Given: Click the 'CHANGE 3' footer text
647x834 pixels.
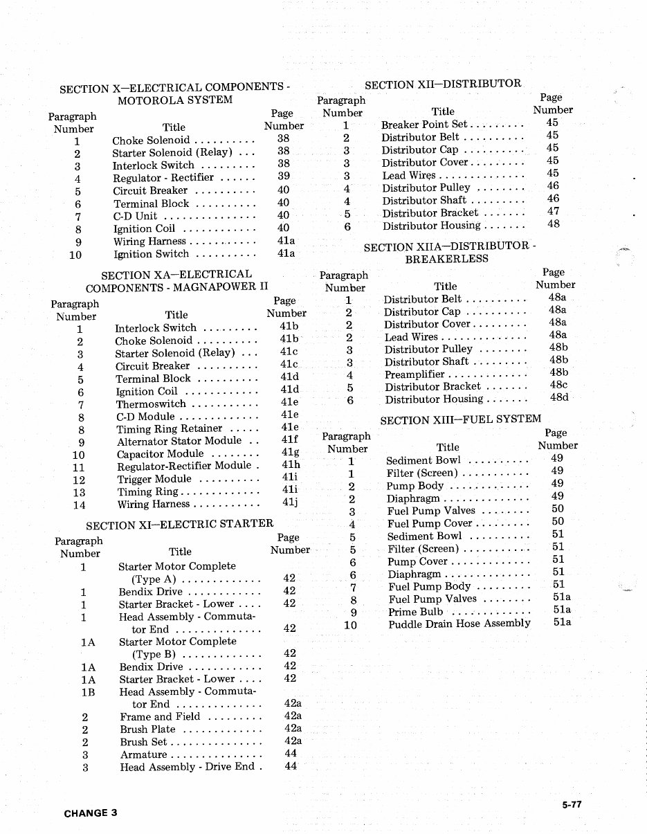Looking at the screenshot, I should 90,813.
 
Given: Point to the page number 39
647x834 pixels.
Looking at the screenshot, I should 283,177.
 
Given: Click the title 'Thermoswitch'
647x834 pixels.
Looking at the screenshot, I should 151,404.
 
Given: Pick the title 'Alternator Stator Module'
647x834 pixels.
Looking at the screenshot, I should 179,442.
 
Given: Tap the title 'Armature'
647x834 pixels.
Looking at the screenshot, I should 143,754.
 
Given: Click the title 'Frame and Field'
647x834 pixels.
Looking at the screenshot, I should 160,717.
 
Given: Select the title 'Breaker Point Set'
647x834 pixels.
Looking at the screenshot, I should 424,125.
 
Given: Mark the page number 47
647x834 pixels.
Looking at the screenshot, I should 553,211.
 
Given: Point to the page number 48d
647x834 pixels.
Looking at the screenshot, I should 558,397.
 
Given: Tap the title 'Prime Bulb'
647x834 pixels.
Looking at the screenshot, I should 416,612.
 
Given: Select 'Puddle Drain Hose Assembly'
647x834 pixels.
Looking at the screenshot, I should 459,624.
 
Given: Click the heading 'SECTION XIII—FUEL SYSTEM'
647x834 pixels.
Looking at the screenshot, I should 461,419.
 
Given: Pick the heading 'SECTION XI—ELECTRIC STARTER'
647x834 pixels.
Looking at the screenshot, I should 179,523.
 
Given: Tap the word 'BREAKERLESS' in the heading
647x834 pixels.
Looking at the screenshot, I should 447,259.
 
